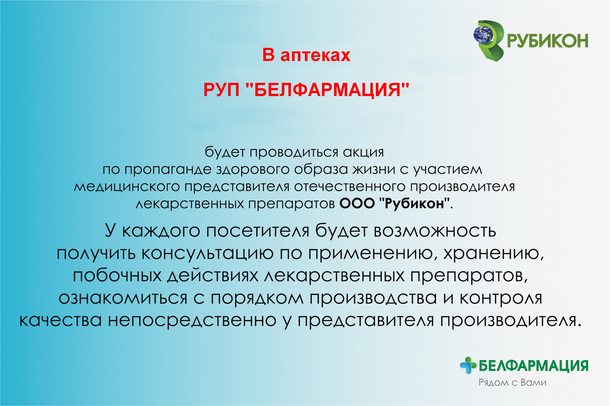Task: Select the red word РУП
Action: (x=221, y=90)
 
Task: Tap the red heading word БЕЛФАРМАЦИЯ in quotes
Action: (x=327, y=90)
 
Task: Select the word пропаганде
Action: (x=168, y=170)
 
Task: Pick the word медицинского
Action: (x=127, y=187)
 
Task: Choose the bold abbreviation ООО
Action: (x=357, y=203)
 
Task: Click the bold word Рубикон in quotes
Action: (x=414, y=204)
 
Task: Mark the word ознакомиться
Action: (x=123, y=298)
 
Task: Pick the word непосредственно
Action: (x=192, y=320)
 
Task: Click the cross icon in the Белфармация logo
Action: (x=468, y=365)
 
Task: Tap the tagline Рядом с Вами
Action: (x=513, y=383)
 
